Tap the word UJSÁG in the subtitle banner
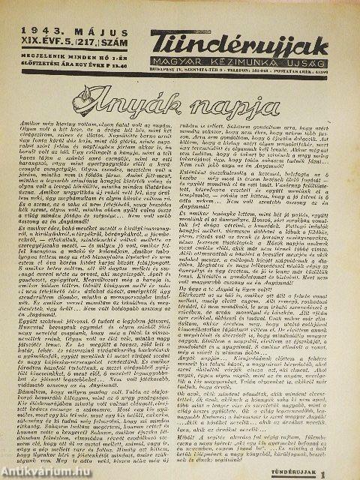[313, 52]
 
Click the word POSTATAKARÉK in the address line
[321, 63]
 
